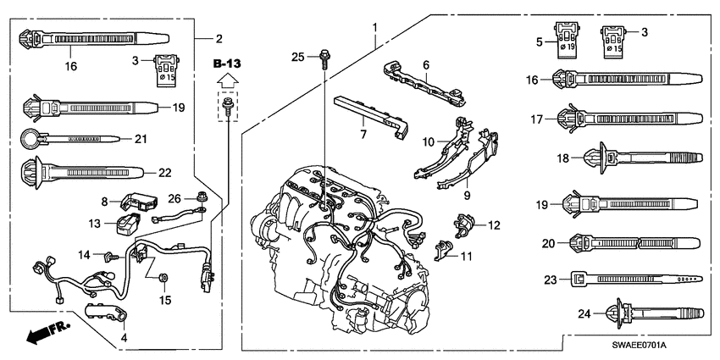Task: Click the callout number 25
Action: click(x=297, y=57)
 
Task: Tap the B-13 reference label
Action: click(x=226, y=64)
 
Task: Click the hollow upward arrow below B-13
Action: click(x=226, y=82)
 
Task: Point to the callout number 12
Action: click(x=492, y=225)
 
